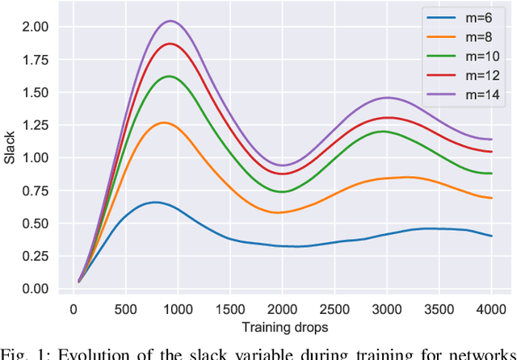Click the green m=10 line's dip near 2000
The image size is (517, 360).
pyautogui.click(x=280, y=192)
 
